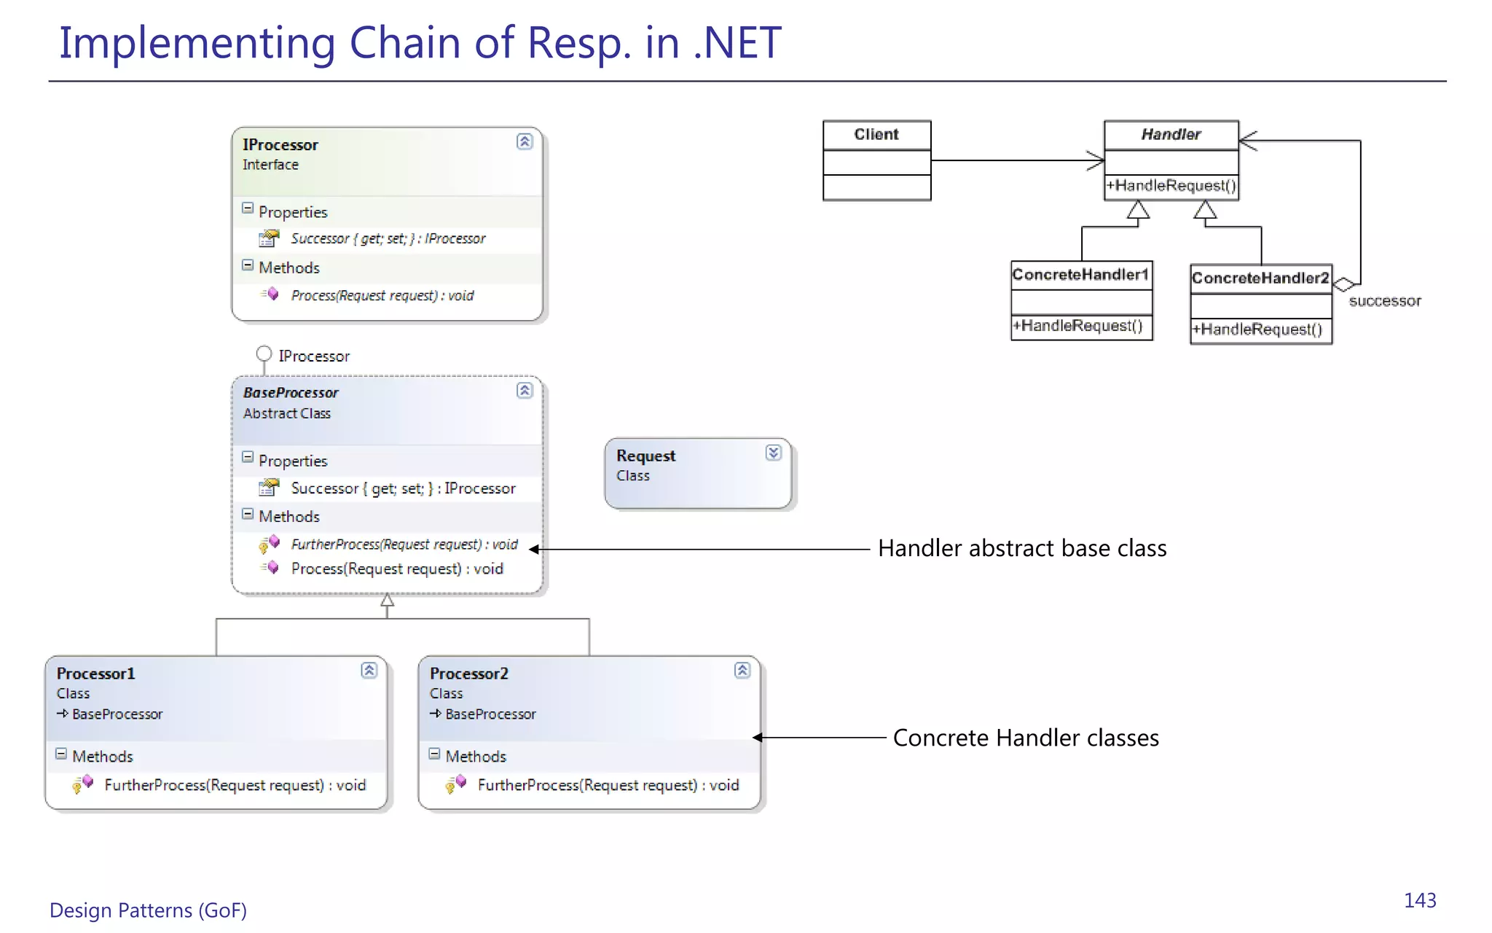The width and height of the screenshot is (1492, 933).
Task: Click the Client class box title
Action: coord(876,135)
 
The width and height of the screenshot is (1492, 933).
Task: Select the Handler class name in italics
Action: coord(1171,135)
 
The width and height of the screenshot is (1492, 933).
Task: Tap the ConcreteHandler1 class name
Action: coord(1080,275)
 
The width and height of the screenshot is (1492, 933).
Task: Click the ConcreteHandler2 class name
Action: coord(1260,278)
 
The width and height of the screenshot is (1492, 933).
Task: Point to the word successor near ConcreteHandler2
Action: coord(1384,301)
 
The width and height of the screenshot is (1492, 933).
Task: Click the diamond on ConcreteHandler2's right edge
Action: coord(1343,285)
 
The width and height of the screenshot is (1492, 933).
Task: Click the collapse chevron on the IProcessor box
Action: coord(525,141)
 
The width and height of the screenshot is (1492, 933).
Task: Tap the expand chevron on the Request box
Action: coord(773,453)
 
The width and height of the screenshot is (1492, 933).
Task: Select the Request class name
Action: coord(645,456)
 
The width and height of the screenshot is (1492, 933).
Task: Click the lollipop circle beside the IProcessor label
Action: coord(264,354)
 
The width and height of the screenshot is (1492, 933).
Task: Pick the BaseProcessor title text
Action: coord(291,393)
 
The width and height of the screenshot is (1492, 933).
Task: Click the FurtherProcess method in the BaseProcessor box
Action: coord(404,544)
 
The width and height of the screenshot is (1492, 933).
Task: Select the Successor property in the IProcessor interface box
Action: coord(388,239)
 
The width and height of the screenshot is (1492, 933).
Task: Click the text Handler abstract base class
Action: coord(1021,548)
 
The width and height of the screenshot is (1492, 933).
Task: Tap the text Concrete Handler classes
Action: coord(1025,738)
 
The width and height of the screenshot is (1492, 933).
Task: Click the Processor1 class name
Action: coord(95,674)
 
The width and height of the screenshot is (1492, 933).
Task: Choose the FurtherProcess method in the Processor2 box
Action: coord(608,785)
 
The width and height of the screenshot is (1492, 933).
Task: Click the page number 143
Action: coord(1419,901)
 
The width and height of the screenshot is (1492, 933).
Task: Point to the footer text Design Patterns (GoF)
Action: coord(148,910)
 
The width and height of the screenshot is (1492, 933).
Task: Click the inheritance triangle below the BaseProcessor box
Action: coord(387,601)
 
